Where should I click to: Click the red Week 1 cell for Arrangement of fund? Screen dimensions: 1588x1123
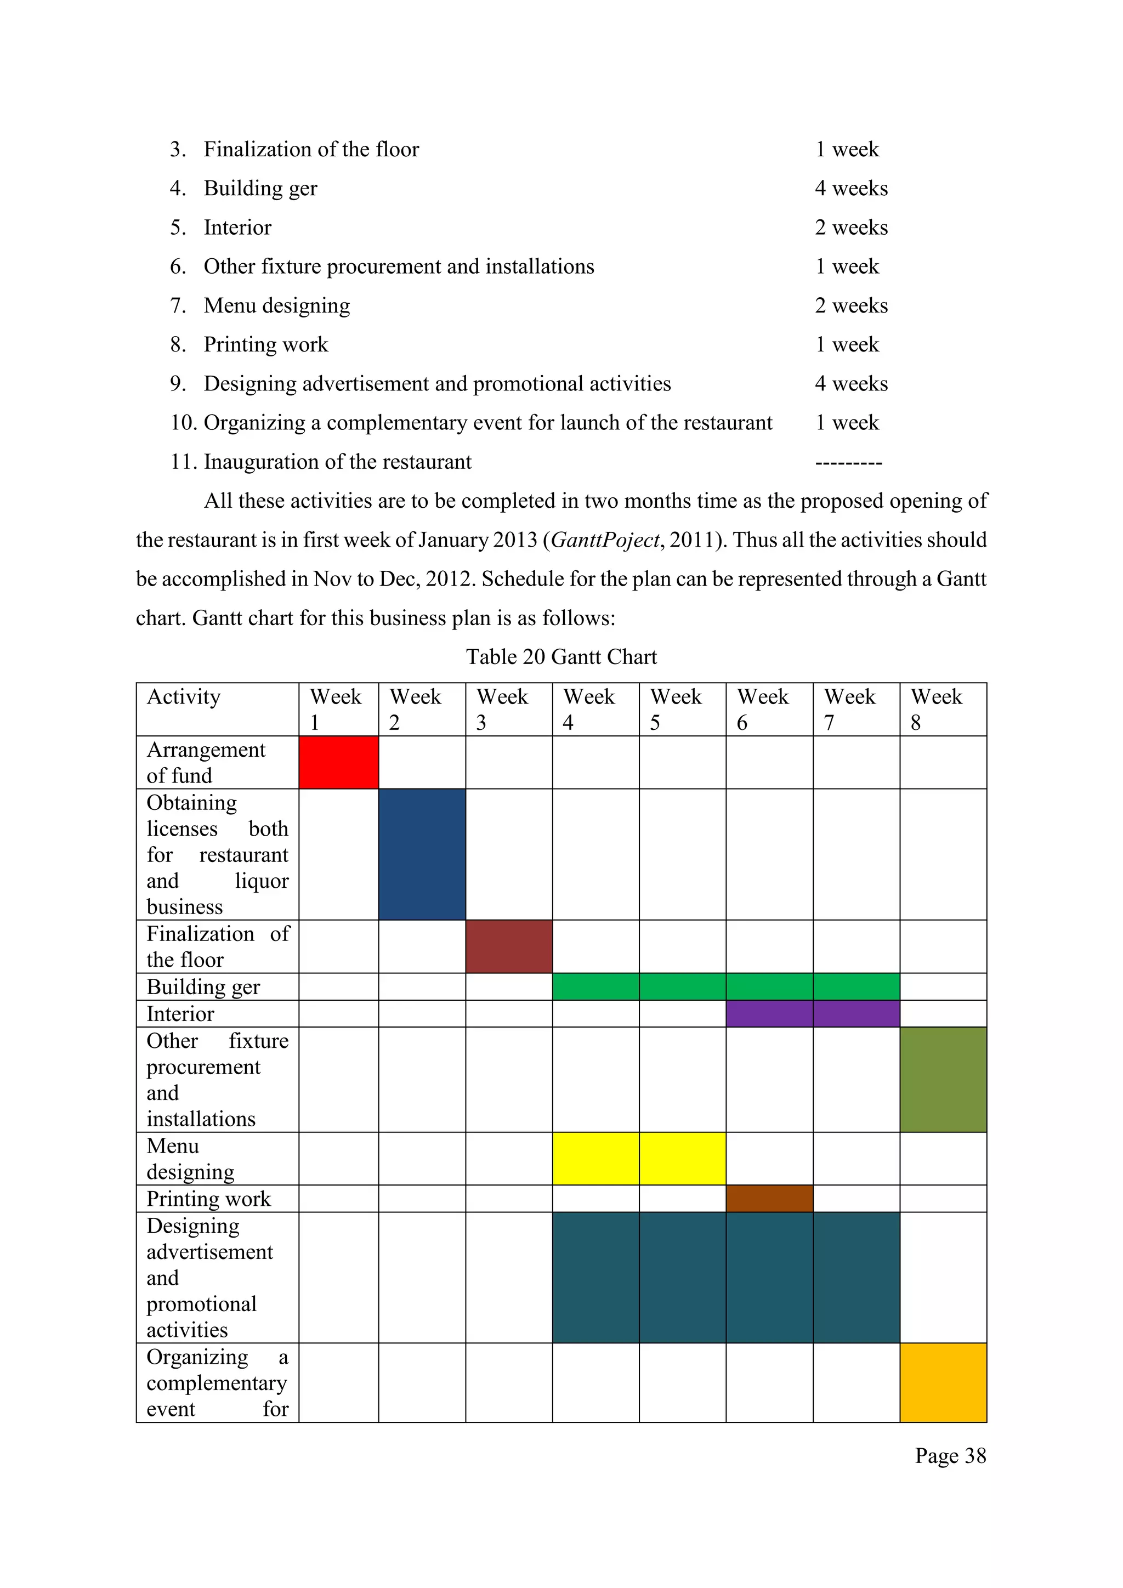click(x=339, y=762)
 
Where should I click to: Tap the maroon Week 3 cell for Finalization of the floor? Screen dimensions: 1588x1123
click(x=509, y=946)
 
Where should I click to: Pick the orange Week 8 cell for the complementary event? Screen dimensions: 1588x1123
click(x=943, y=1382)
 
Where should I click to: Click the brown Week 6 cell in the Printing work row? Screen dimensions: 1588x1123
click(x=770, y=1199)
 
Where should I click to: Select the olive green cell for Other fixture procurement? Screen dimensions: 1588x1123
click(x=943, y=1079)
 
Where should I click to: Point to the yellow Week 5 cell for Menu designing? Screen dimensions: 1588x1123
click(x=683, y=1159)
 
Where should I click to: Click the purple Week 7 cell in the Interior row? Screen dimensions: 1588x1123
click(x=856, y=1013)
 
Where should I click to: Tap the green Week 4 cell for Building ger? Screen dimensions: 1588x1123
click(x=595, y=986)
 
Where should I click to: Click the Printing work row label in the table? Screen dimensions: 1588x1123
click(x=209, y=1199)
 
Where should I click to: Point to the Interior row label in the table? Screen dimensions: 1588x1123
click(x=180, y=1014)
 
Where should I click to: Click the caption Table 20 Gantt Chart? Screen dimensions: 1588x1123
click(x=561, y=656)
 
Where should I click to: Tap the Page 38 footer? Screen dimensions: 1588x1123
click(x=950, y=1455)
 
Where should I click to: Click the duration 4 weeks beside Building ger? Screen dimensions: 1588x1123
click(x=851, y=188)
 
